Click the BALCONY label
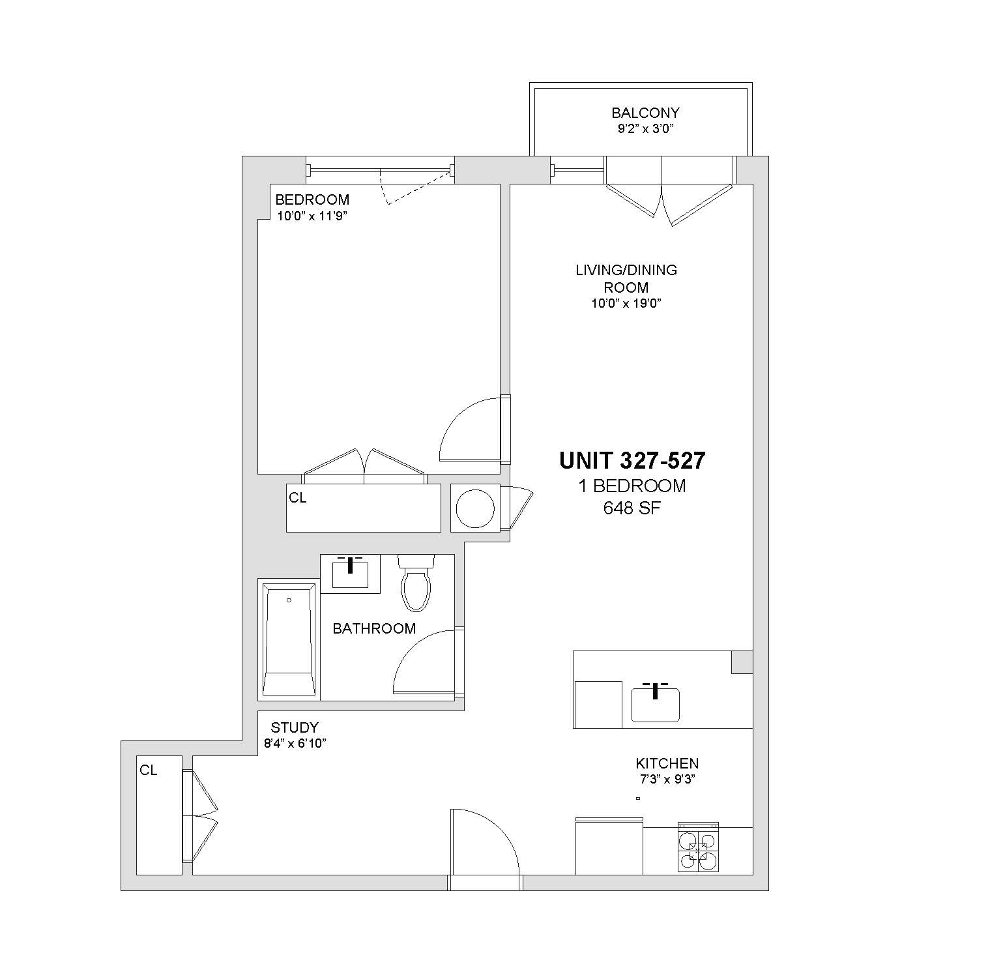pyautogui.click(x=645, y=113)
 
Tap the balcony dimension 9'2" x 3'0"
pyautogui.click(x=645, y=128)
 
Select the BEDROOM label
pyautogui.click(x=312, y=199)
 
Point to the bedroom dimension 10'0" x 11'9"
pyautogui.click(x=312, y=216)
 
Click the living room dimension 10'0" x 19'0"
pyautogui.click(x=627, y=303)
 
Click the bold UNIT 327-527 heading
pyautogui.click(x=632, y=461)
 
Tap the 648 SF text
pyautogui.click(x=632, y=508)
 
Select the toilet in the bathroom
pyautogui.click(x=416, y=583)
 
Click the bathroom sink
pyautogui.click(x=351, y=574)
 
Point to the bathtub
pyautogui.click(x=289, y=640)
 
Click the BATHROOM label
pyautogui.click(x=374, y=628)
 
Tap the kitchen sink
pyautogui.click(x=656, y=704)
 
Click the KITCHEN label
pyautogui.click(x=667, y=763)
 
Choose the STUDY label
pyautogui.click(x=295, y=727)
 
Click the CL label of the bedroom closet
pyautogui.click(x=298, y=498)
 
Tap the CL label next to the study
pyautogui.click(x=149, y=770)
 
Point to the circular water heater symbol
pyautogui.click(x=475, y=508)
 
